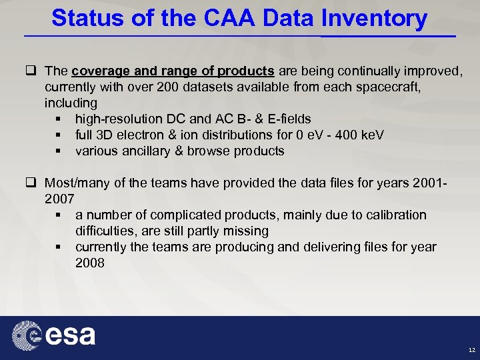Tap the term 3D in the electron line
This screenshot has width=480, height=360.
[x=111, y=135]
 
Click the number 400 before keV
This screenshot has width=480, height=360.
[x=340, y=135]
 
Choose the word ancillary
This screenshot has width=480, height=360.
[x=143, y=151]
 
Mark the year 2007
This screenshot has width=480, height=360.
[x=59, y=199]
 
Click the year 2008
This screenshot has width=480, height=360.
[x=90, y=263]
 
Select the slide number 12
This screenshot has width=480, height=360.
[x=471, y=350]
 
